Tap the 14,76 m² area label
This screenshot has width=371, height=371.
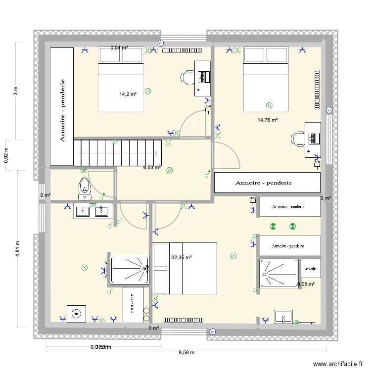pyautogui.click(x=267, y=120)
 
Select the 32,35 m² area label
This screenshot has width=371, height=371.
pyautogui.click(x=181, y=257)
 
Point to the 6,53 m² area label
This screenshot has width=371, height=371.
pyautogui.click(x=152, y=168)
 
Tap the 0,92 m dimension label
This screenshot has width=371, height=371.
pyautogui.click(x=6, y=155)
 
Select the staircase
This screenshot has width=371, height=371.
pyautogui.click(x=118, y=152)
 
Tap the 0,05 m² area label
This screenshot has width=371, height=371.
pyautogui.click(x=306, y=284)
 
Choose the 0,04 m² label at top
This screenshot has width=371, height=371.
pyautogui.click(x=119, y=48)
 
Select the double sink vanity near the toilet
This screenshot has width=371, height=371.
pyautogui.click(x=91, y=211)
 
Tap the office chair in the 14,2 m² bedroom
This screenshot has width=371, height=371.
pyautogui.click(x=188, y=77)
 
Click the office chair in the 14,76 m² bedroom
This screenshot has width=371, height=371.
pyautogui.click(x=298, y=139)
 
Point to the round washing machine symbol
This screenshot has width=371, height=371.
pyautogui.click(x=76, y=313)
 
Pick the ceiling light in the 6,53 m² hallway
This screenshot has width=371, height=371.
pyautogui.click(x=170, y=170)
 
